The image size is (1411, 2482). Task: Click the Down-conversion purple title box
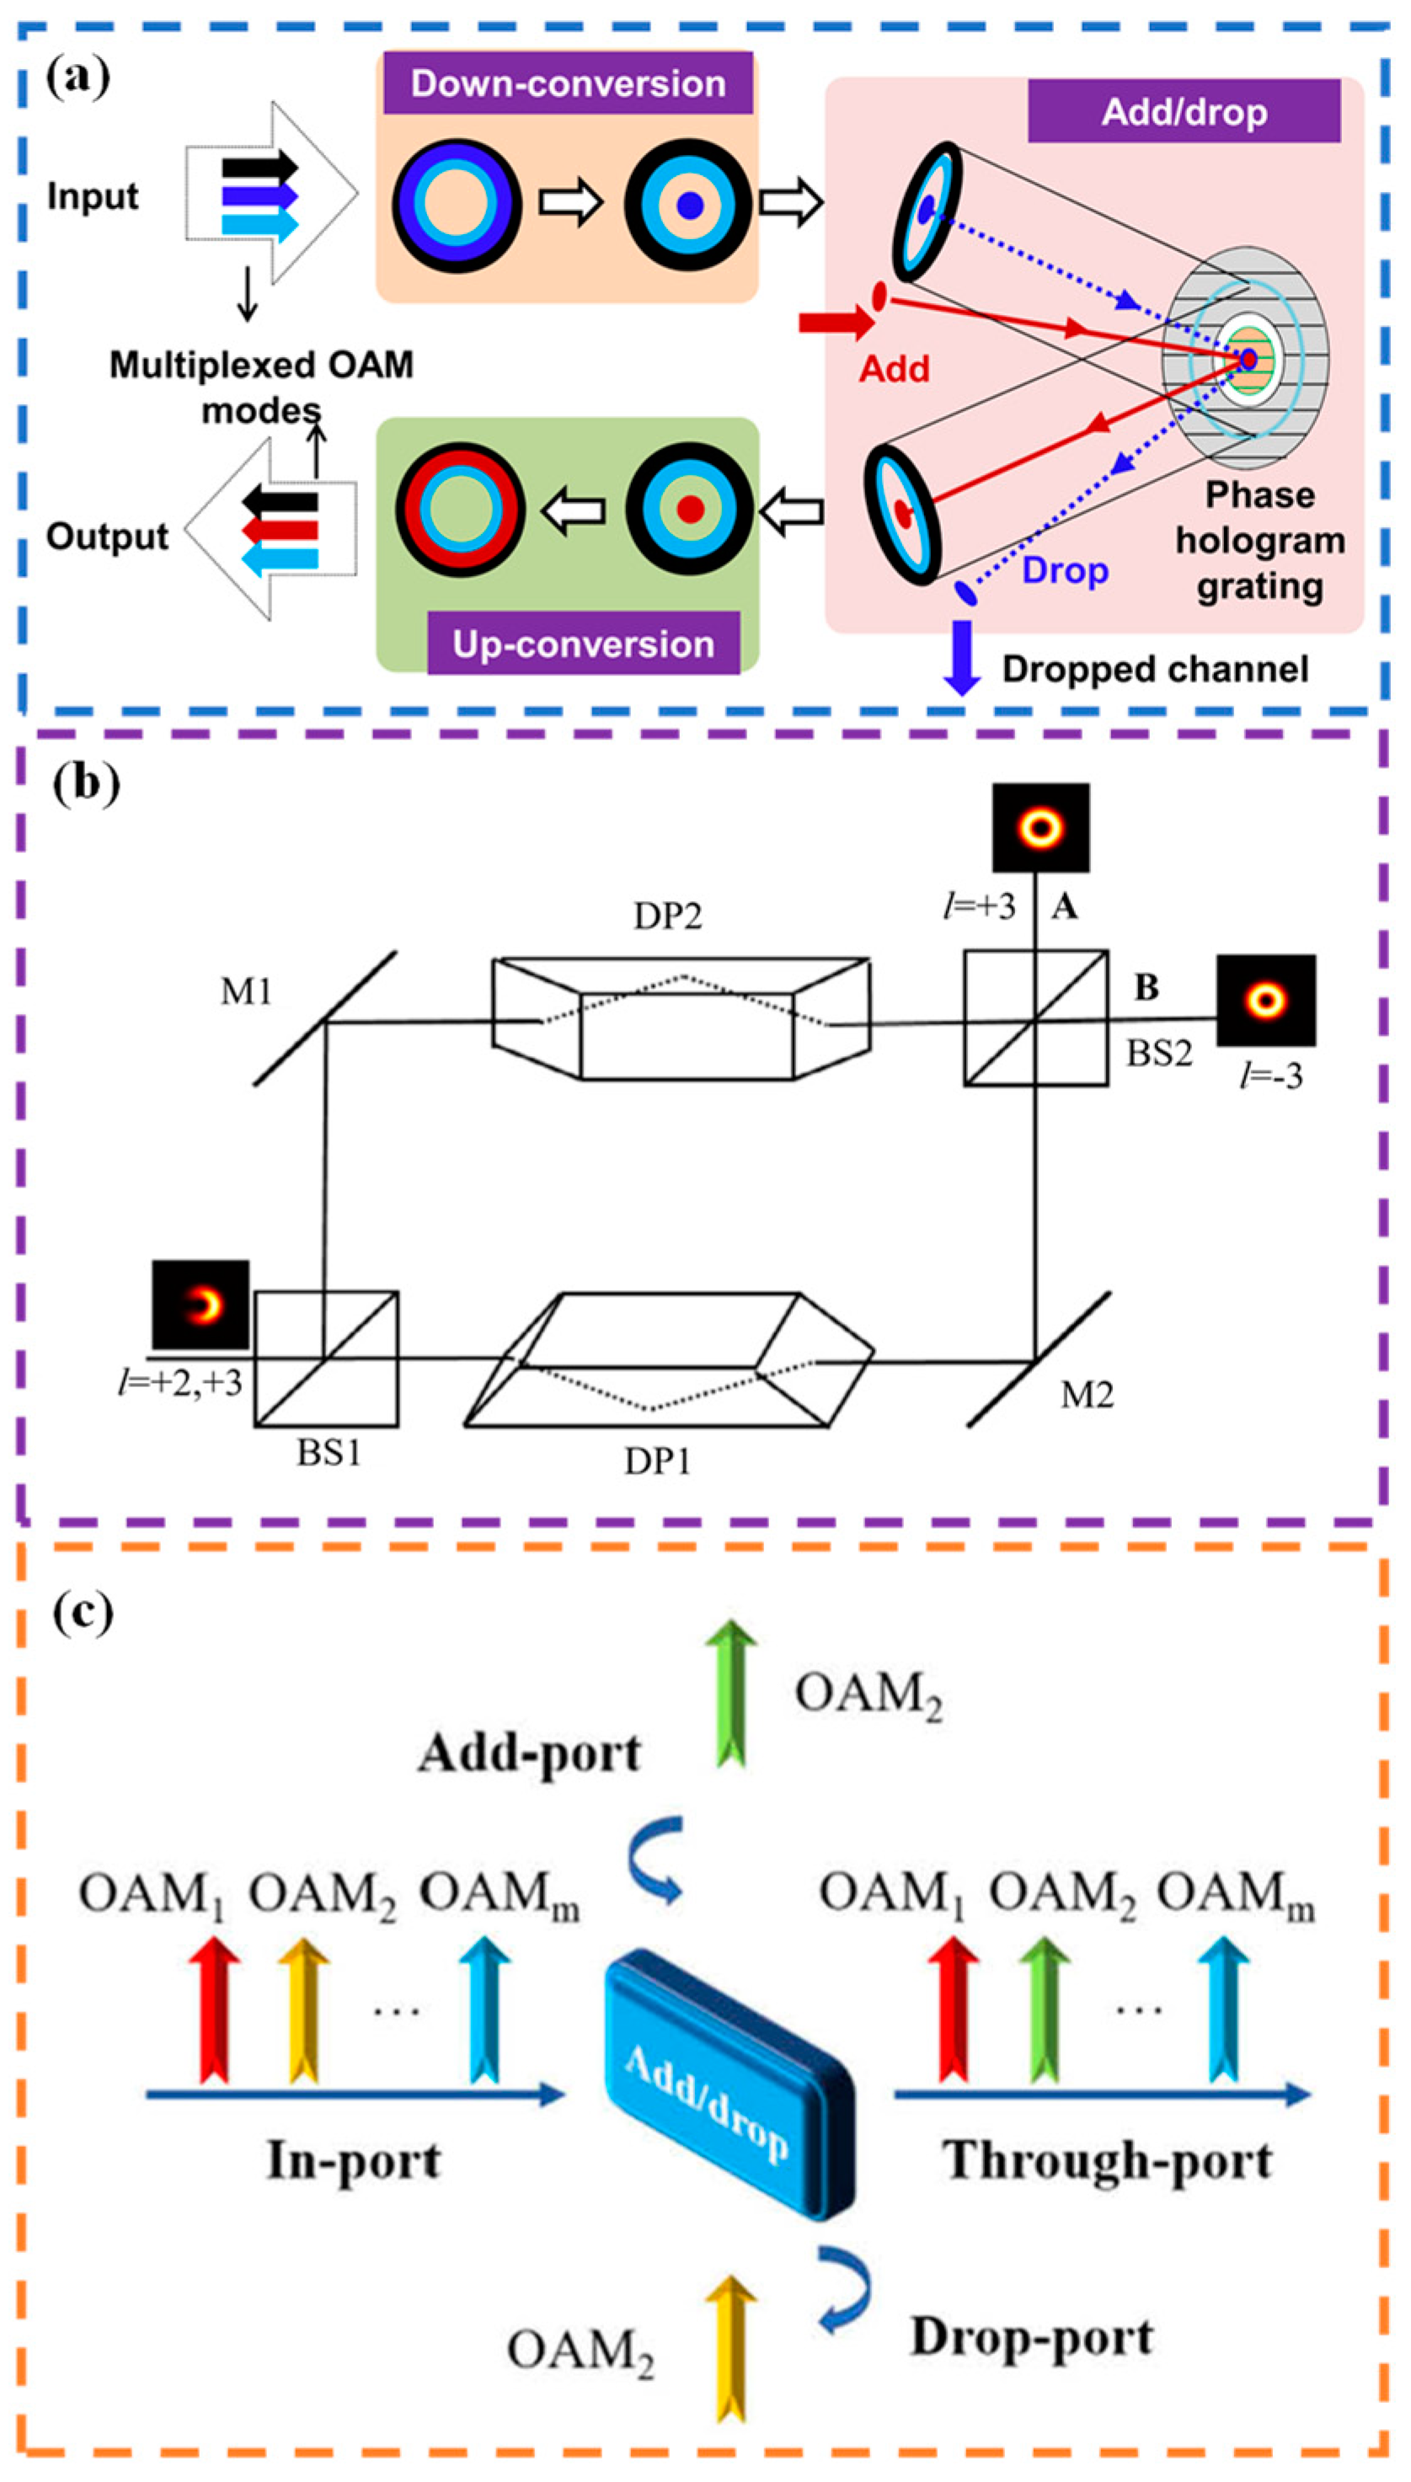click(568, 83)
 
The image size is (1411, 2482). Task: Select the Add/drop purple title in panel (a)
click(1184, 112)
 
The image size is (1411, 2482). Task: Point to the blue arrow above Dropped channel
click(961, 658)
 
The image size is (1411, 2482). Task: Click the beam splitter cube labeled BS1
click(326, 1358)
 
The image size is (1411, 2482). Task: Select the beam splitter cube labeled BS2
click(1035, 1017)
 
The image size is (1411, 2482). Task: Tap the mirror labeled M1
click(324, 1018)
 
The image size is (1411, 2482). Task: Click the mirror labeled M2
click(1038, 1358)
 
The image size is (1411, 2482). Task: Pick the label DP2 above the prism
click(666, 916)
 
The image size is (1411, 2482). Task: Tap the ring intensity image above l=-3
click(1265, 1000)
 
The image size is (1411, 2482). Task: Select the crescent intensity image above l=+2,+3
click(200, 1304)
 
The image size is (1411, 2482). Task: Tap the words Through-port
click(1107, 2160)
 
